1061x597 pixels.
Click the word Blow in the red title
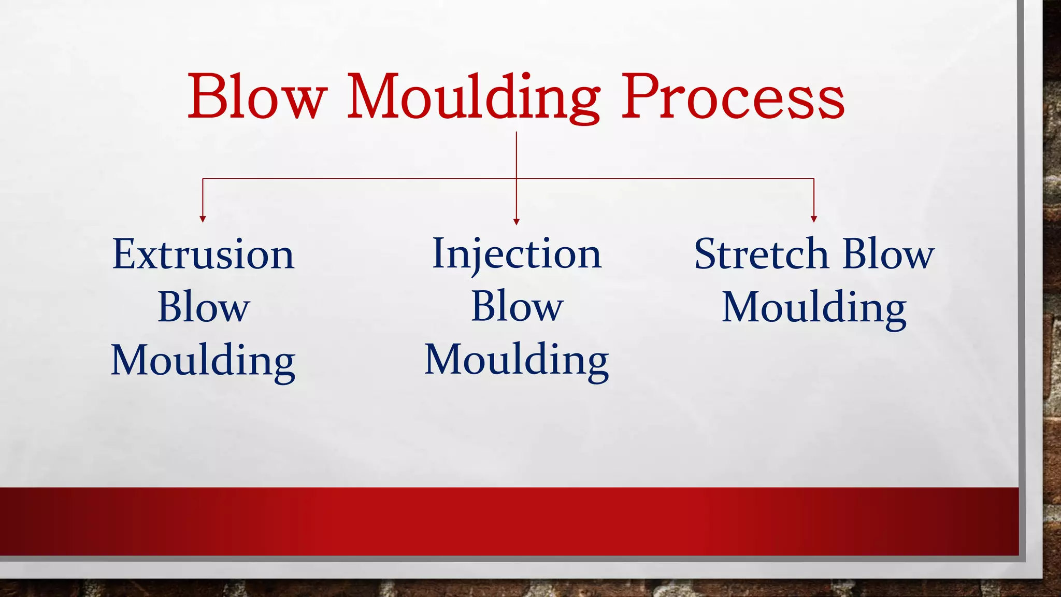[257, 96]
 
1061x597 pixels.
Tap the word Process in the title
[733, 96]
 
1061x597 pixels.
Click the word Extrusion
[204, 254]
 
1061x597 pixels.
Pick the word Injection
[517, 254]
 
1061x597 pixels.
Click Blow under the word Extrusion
[204, 307]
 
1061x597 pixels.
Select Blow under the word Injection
[517, 306]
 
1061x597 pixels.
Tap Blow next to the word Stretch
[888, 254]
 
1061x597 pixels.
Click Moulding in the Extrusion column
[204, 361]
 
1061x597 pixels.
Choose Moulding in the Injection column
[517, 360]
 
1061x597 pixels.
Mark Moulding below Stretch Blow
[814, 308]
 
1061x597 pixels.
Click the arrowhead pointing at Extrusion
[203, 219]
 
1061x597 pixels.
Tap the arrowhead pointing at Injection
[516, 222]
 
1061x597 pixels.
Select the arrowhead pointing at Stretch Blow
[814, 219]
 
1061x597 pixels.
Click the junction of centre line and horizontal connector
[516, 178]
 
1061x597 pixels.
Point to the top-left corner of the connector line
[203, 178]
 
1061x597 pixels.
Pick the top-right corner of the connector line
[814, 178]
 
